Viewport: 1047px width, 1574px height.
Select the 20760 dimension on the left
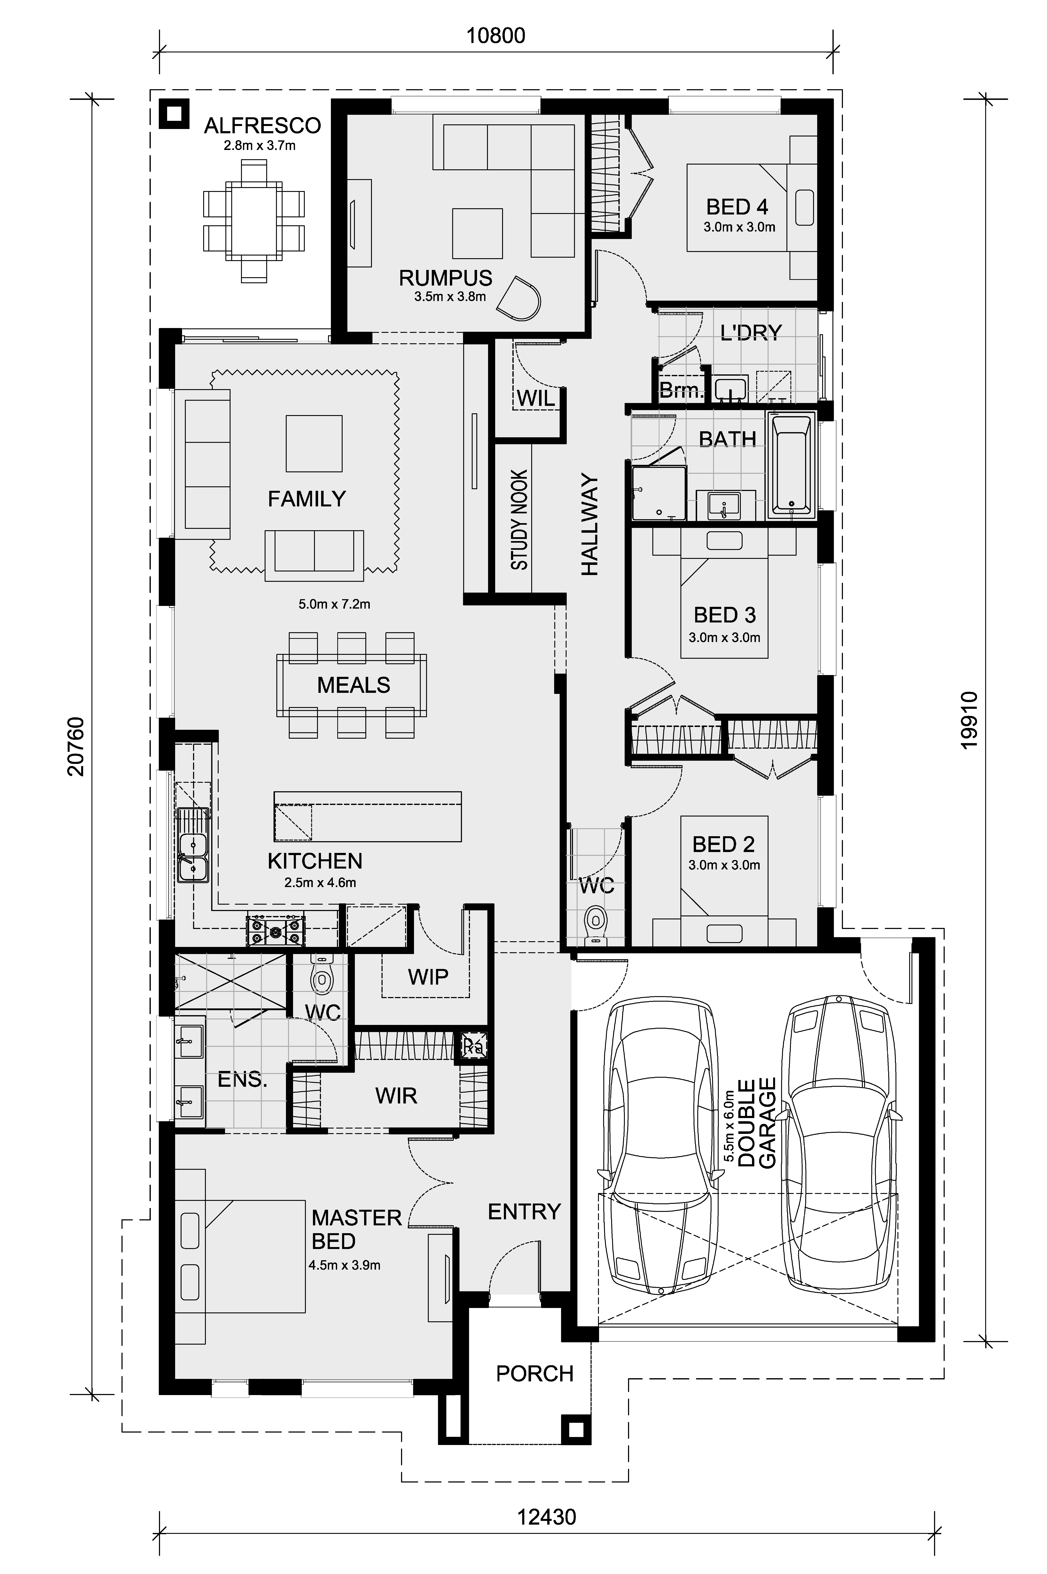76,746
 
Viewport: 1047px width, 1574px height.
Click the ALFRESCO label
263,126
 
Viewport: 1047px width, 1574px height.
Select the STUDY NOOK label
520,520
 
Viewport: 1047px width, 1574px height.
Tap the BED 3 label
724,615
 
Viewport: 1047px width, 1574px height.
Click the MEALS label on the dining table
353,685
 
